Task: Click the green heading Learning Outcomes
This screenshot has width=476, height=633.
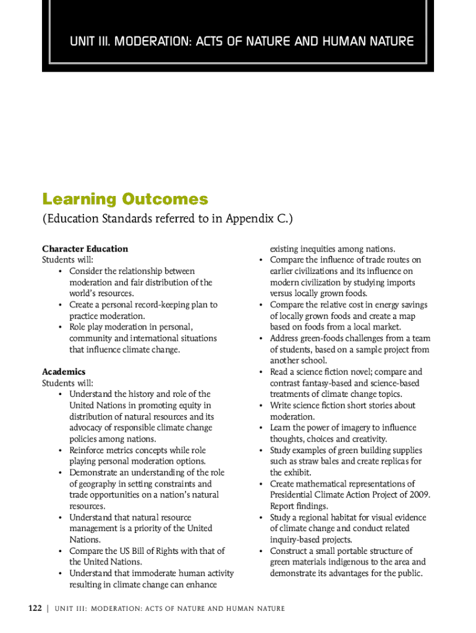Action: [125, 200]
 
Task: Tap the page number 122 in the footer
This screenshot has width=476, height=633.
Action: [35, 608]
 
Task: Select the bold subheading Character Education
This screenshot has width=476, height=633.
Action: [85, 249]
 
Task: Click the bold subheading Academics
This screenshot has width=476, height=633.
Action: [64, 372]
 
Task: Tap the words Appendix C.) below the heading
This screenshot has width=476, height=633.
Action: [259, 219]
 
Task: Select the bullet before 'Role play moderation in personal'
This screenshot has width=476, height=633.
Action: [60, 327]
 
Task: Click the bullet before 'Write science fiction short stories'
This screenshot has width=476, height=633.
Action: [261, 406]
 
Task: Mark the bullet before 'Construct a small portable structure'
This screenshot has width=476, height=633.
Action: [261, 551]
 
